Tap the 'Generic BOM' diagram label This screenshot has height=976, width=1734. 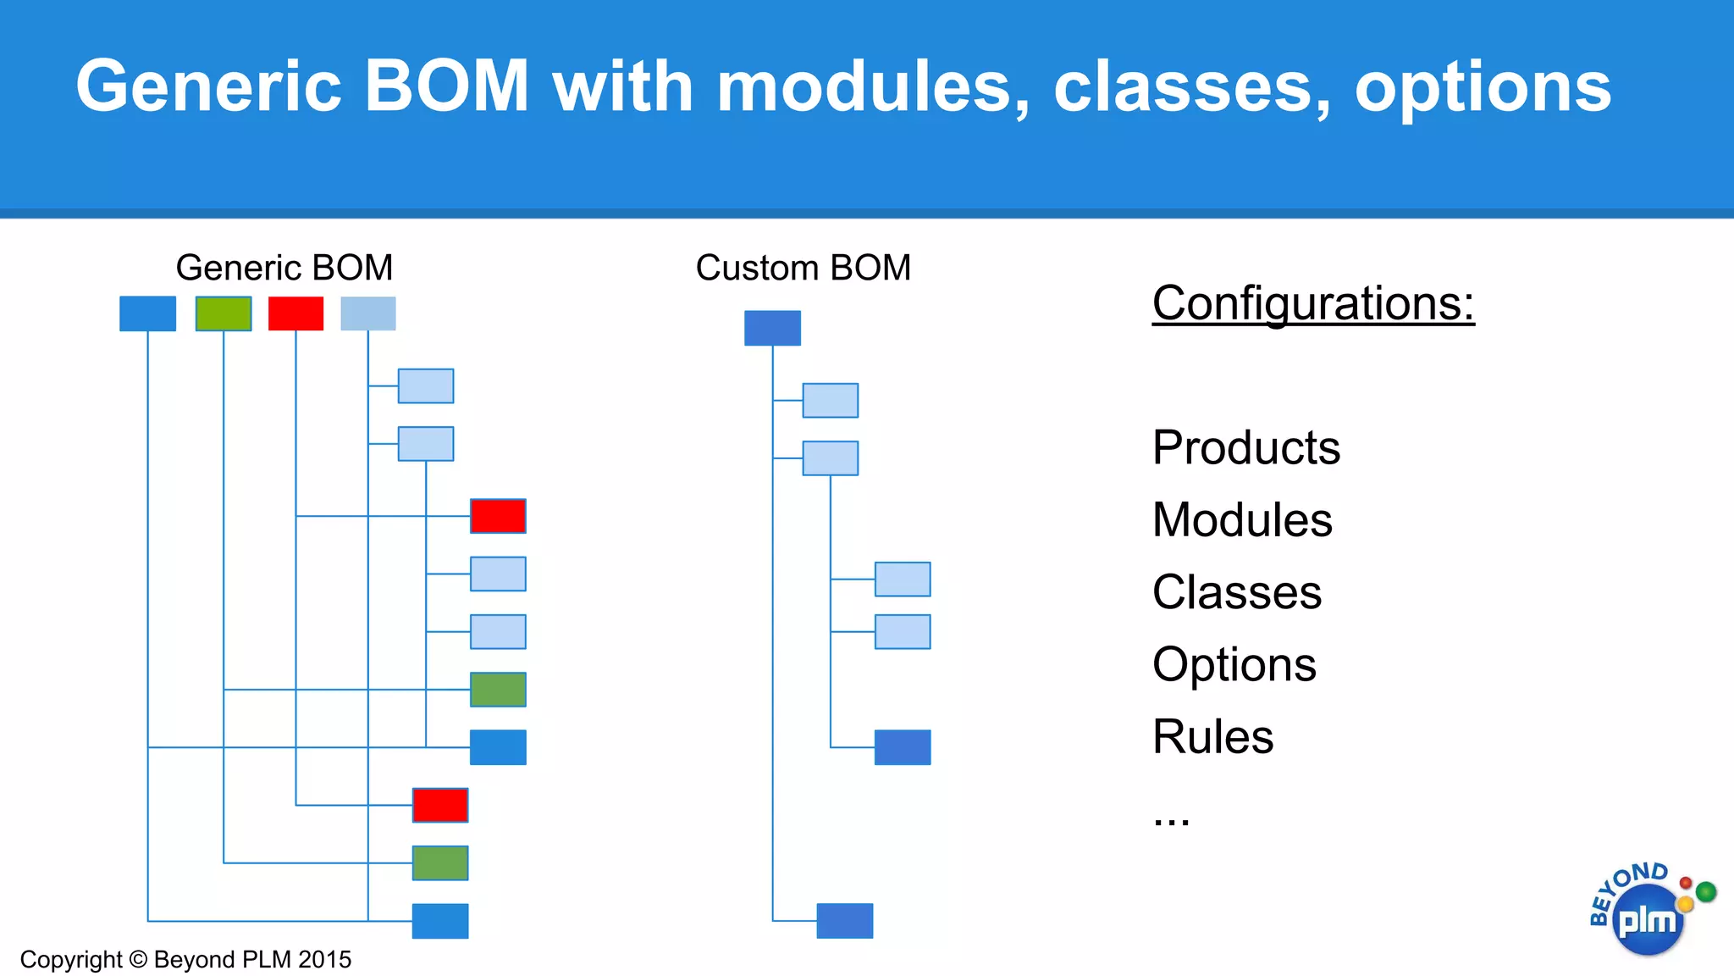pyautogui.click(x=284, y=268)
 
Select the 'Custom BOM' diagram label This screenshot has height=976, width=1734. pyautogui.click(x=803, y=268)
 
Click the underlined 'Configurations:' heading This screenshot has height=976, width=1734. pyautogui.click(x=1313, y=303)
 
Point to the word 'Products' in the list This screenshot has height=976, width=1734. pyautogui.click(x=1246, y=447)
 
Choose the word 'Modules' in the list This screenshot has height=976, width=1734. pyautogui.click(x=1242, y=519)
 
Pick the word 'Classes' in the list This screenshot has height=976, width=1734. pyautogui.click(x=1237, y=591)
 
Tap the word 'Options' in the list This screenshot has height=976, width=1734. pyautogui.click(x=1234, y=664)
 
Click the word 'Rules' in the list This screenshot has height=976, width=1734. pyautogui.click(x=1212, y=736)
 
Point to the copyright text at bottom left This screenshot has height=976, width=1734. pyautogui.click(x=185, y=959)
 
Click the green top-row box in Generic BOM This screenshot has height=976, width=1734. pyautogui.click(x=224, y=313)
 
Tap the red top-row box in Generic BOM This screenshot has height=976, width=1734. pyautogui.click(x=295, y=313)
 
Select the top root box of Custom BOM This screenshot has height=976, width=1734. pyautogui.click(x=772, y=328)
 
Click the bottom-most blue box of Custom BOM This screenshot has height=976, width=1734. pyautogui.click(x=844, y=921)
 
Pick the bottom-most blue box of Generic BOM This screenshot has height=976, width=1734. pyautogui.click(x=440, y=921)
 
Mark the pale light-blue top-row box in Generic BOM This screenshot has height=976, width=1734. pyautogui.click(x=368, y=313)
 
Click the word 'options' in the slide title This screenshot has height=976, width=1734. pyautogui.click(x=1483, y=86)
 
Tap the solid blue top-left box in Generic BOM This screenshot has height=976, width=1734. pyautogui.click(x=147, y=313)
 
